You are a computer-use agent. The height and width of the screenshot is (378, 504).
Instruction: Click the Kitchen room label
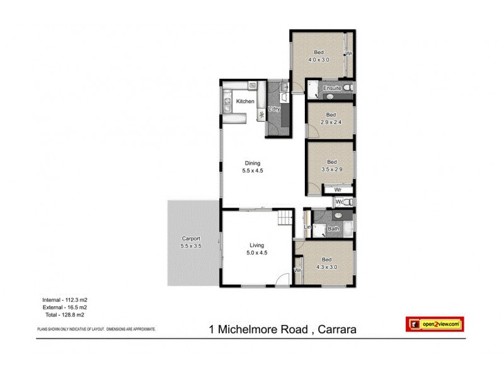pos(245,101)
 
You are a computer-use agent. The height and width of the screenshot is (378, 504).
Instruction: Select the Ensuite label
pos(332,88)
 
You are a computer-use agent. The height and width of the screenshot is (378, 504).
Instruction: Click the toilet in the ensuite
pos(348,88)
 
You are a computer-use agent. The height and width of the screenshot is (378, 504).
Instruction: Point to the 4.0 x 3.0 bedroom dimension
pos(319,60)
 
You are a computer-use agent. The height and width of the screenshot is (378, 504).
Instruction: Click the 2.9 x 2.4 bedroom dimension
pos(331,122)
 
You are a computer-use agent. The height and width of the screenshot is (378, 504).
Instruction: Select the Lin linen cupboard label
pos(308,227)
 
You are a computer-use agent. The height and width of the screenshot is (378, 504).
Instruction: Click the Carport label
pos(191,239)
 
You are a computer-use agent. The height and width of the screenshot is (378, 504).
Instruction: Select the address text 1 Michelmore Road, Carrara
pos(285,329)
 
